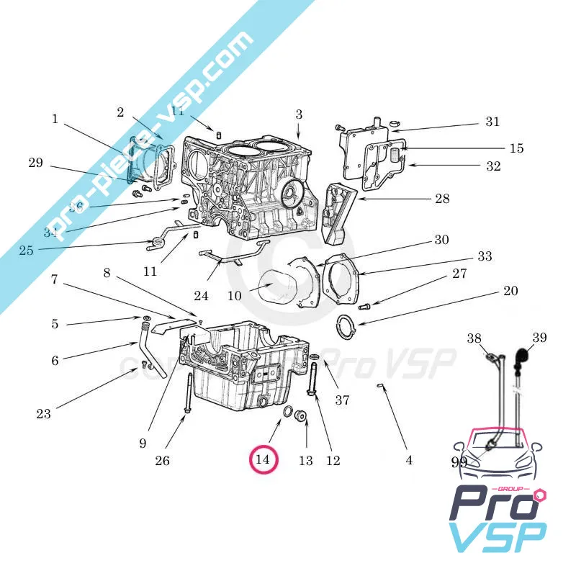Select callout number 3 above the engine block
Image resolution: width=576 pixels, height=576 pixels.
pos(299,114)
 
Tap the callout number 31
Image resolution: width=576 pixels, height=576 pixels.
pos(492,122)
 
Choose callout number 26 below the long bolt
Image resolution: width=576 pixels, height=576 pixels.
pos(163,460)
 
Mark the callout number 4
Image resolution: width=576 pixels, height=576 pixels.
pos(409,460)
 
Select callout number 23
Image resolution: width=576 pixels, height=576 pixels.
pos(44,413)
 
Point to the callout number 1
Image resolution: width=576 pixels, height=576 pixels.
pos(55,119)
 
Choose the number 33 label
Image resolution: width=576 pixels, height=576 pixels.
pos(485,256)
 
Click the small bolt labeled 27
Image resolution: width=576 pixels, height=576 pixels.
pos(364,307)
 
